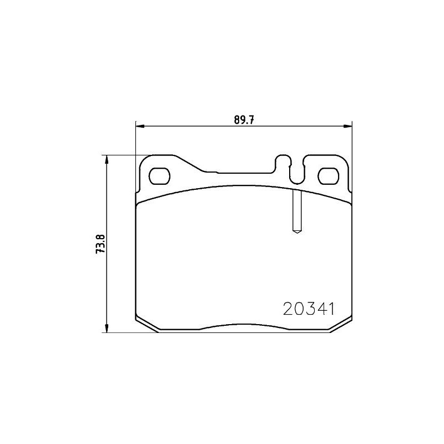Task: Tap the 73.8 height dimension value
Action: (x=100, y=244)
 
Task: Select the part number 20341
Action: (x=308, y=308)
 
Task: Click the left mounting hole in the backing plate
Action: (x=160, y=175)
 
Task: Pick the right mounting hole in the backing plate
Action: (x=327, y=175)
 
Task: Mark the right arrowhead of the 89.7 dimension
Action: (x=349, y=127)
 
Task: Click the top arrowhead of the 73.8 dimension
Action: (x=107, y=159)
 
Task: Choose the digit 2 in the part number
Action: (x=288, y=308)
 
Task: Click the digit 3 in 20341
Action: (x=309, y=308)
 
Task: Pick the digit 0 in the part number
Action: (x=299, y=308)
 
